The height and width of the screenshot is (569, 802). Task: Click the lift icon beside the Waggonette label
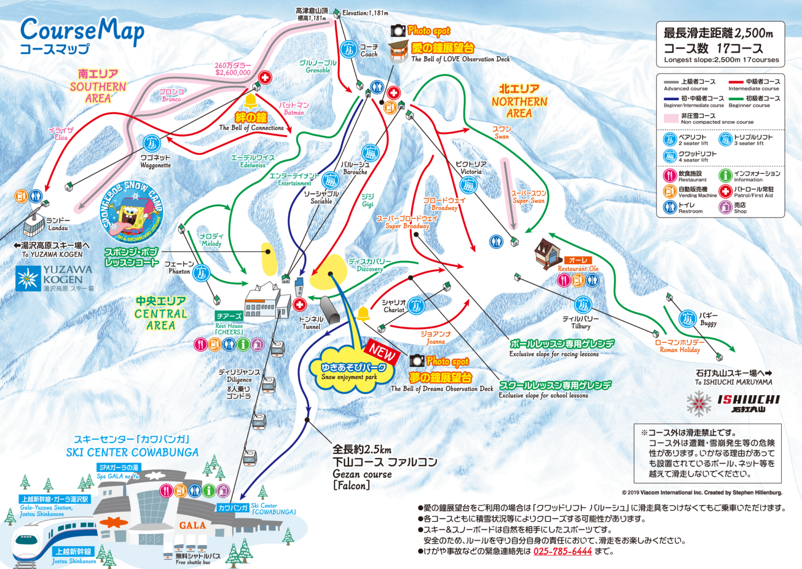coord(151,143)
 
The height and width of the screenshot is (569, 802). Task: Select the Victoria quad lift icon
coord(468,185)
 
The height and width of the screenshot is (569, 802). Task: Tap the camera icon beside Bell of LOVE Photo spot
coord(398,31)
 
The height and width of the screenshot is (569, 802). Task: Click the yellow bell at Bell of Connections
coord(251,100)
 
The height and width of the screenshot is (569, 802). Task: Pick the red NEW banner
coord(383,352)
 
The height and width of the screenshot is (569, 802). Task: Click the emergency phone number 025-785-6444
coord(562,551)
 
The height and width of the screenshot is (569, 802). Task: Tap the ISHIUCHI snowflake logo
coord(699,404)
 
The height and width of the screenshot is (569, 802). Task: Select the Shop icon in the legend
coord(725,207)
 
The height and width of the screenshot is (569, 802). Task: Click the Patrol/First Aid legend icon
coord(725,191)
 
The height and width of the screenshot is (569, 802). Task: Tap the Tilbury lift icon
coord(583,304)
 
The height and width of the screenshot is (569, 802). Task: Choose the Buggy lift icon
coord(687,318)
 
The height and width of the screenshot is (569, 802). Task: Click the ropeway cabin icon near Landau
coord(33,225)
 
